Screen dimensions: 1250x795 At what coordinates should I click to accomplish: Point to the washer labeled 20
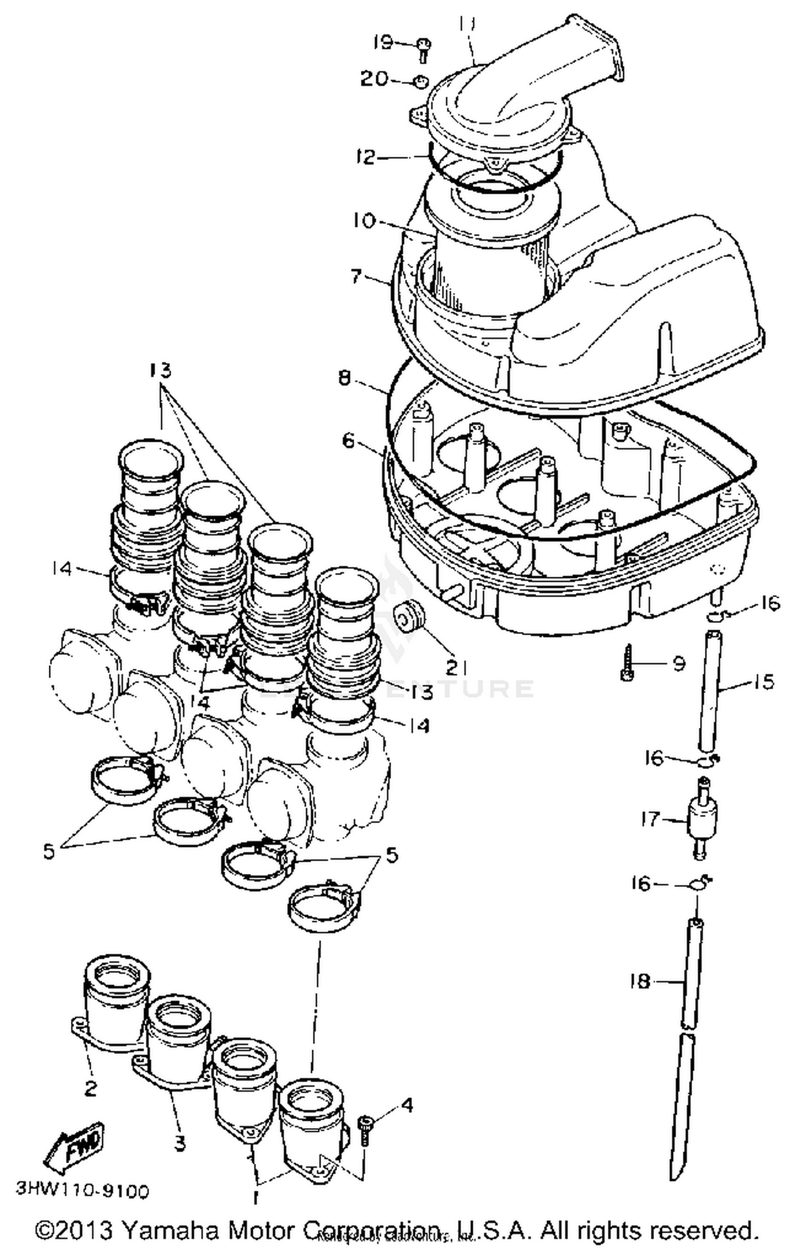pyautogui.click(x=421, y=82)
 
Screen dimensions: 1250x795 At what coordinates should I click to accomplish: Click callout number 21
pyautogui.click(x=455, y=668)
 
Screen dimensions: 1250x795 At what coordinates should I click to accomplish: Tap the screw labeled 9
pyautogui.click(x=627, y=663)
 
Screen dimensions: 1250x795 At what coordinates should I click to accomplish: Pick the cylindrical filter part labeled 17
pyautogui.click(x=700, y=820)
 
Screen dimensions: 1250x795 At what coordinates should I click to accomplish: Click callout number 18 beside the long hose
pyautogui.click(x=640, y=981)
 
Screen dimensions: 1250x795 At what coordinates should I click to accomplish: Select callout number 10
pyautogui.click(x=363, y=220)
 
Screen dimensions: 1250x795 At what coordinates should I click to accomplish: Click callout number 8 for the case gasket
pyautogui.click(x=344, y=379)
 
